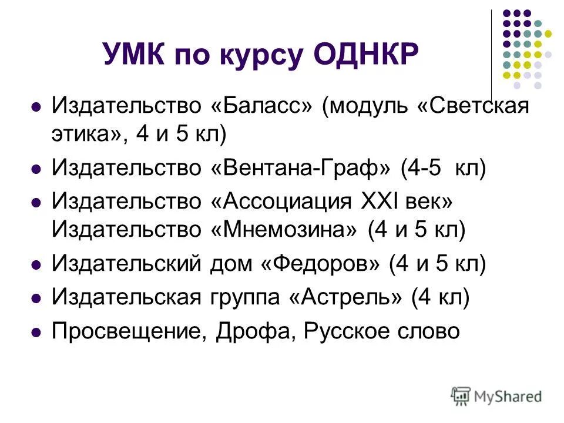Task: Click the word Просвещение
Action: tap(128, 332)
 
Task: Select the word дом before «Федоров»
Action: tap(231, 264)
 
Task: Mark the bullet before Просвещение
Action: tap(36, 333)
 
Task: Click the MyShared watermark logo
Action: tap(496, 397)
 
